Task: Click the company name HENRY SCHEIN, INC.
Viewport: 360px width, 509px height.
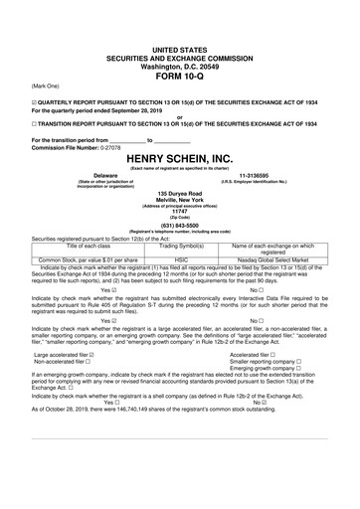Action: coord(179,159)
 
